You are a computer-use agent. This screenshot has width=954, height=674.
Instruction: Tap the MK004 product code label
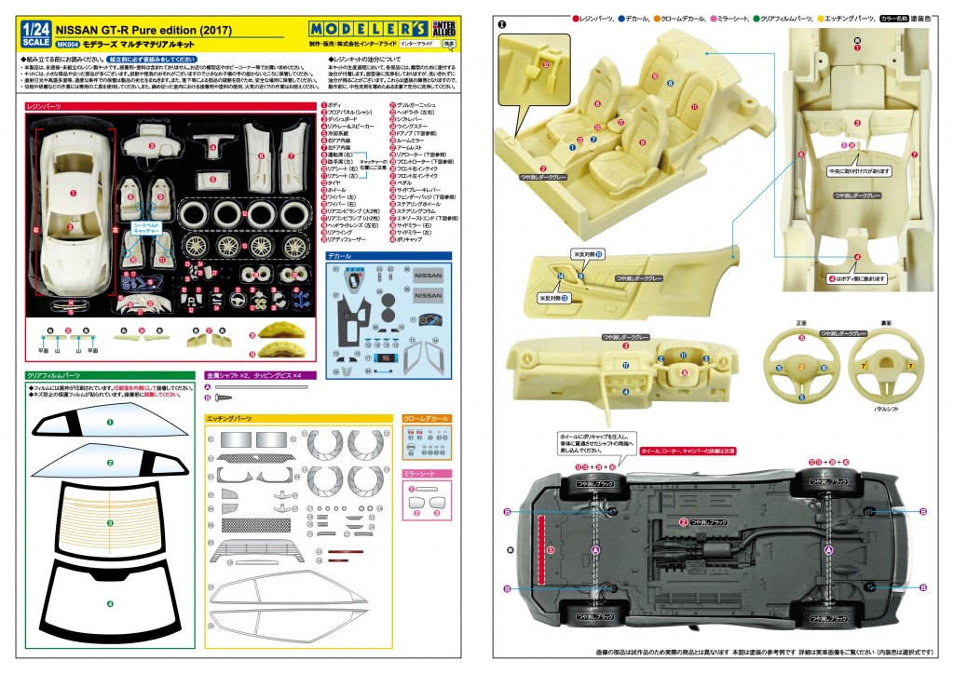pos(67,43)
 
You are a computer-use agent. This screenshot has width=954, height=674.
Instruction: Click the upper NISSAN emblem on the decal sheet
pos(428,276)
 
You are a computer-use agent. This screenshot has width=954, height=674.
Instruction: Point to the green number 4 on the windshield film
pos(109,604)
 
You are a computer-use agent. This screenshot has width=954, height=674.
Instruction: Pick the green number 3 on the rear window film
pos(109,524)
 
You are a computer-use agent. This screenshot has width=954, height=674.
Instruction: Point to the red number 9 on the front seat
pos(642,142)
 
